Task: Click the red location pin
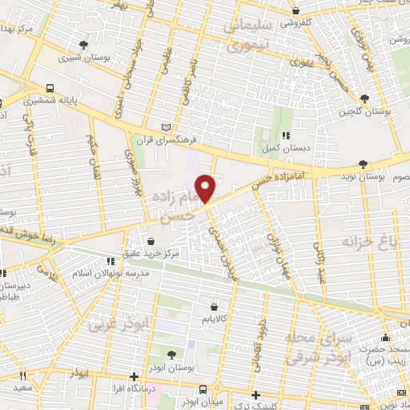pos(207,188)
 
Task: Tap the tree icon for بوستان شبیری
pos(84,45)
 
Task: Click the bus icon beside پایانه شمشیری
pos(50,89)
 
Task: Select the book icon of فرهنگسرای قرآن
pos(167,127)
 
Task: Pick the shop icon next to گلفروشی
pos(295,12)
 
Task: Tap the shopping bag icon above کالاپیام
pos(212,306)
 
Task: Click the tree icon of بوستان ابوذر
pos(173,353)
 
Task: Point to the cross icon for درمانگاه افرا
pos(134,376)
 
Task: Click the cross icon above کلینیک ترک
pos(255,394)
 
